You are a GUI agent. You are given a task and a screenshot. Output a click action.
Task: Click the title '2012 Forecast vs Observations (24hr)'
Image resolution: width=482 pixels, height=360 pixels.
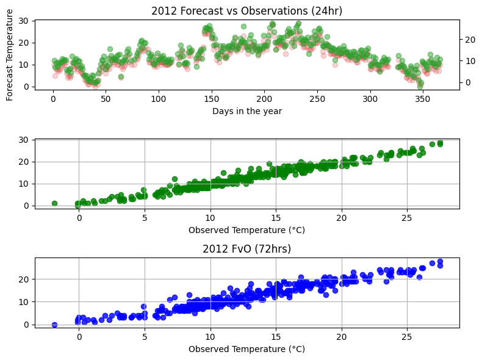[x=247, y=10]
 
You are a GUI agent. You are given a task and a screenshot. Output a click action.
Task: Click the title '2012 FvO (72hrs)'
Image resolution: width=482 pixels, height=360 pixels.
[x=247, y=249]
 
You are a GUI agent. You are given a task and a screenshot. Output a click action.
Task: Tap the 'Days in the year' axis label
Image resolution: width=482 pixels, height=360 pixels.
[x=247, y=111]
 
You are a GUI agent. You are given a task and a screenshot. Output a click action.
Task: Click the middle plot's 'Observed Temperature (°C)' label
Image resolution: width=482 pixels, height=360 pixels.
[x=247, y=230]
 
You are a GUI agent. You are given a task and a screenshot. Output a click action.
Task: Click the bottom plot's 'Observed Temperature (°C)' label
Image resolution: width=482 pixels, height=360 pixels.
[x=247, y=349]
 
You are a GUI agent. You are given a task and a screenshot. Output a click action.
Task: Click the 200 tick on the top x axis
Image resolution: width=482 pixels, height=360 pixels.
[x=264, y=99]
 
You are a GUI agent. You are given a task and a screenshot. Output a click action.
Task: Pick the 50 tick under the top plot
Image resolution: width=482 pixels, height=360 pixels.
[x=106, y=99]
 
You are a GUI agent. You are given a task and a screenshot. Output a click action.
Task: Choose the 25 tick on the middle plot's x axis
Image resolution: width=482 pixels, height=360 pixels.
[x=408, y=218]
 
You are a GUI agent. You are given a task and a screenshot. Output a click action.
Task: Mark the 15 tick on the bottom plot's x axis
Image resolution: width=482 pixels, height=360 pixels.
[x=276, y=337]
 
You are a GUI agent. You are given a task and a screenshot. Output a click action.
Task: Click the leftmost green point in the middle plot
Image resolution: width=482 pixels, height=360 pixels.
[x=54, y=203]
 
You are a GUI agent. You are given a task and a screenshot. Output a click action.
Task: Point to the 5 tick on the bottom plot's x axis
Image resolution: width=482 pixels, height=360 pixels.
[x=145, y=337]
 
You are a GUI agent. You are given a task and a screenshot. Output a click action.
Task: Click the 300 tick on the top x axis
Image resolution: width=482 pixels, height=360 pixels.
[x=370, y=99]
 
